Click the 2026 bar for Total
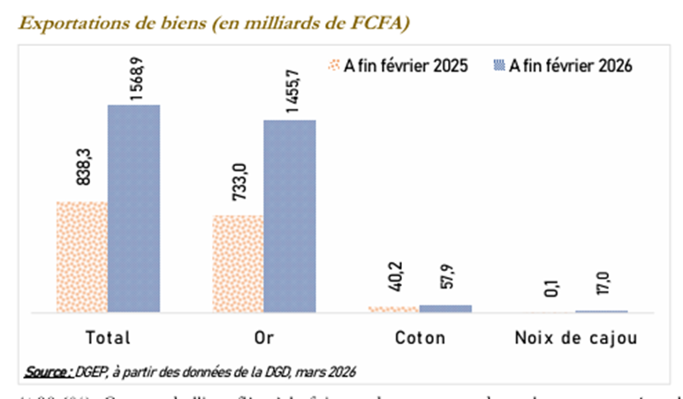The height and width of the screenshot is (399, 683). click(x=133, y=208)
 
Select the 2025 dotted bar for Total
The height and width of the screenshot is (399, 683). click(x=81, y=257)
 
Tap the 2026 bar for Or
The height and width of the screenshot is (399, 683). click(x=290, y=216)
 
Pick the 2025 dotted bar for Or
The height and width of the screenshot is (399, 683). click(x=238, y=264)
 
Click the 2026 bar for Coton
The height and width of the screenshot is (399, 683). click(x=445, y=308)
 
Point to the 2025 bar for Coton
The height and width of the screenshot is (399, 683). click(x=393, y=309)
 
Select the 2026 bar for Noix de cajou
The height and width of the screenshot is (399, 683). click(x=601, y=312)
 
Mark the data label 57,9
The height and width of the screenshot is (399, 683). click(x=445, y=283)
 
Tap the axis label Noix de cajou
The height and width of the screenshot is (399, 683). click(x=575, y=337)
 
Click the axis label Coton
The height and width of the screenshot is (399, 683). click(x=420, y=337)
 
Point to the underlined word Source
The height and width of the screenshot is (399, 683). click(x=49, y=369)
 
